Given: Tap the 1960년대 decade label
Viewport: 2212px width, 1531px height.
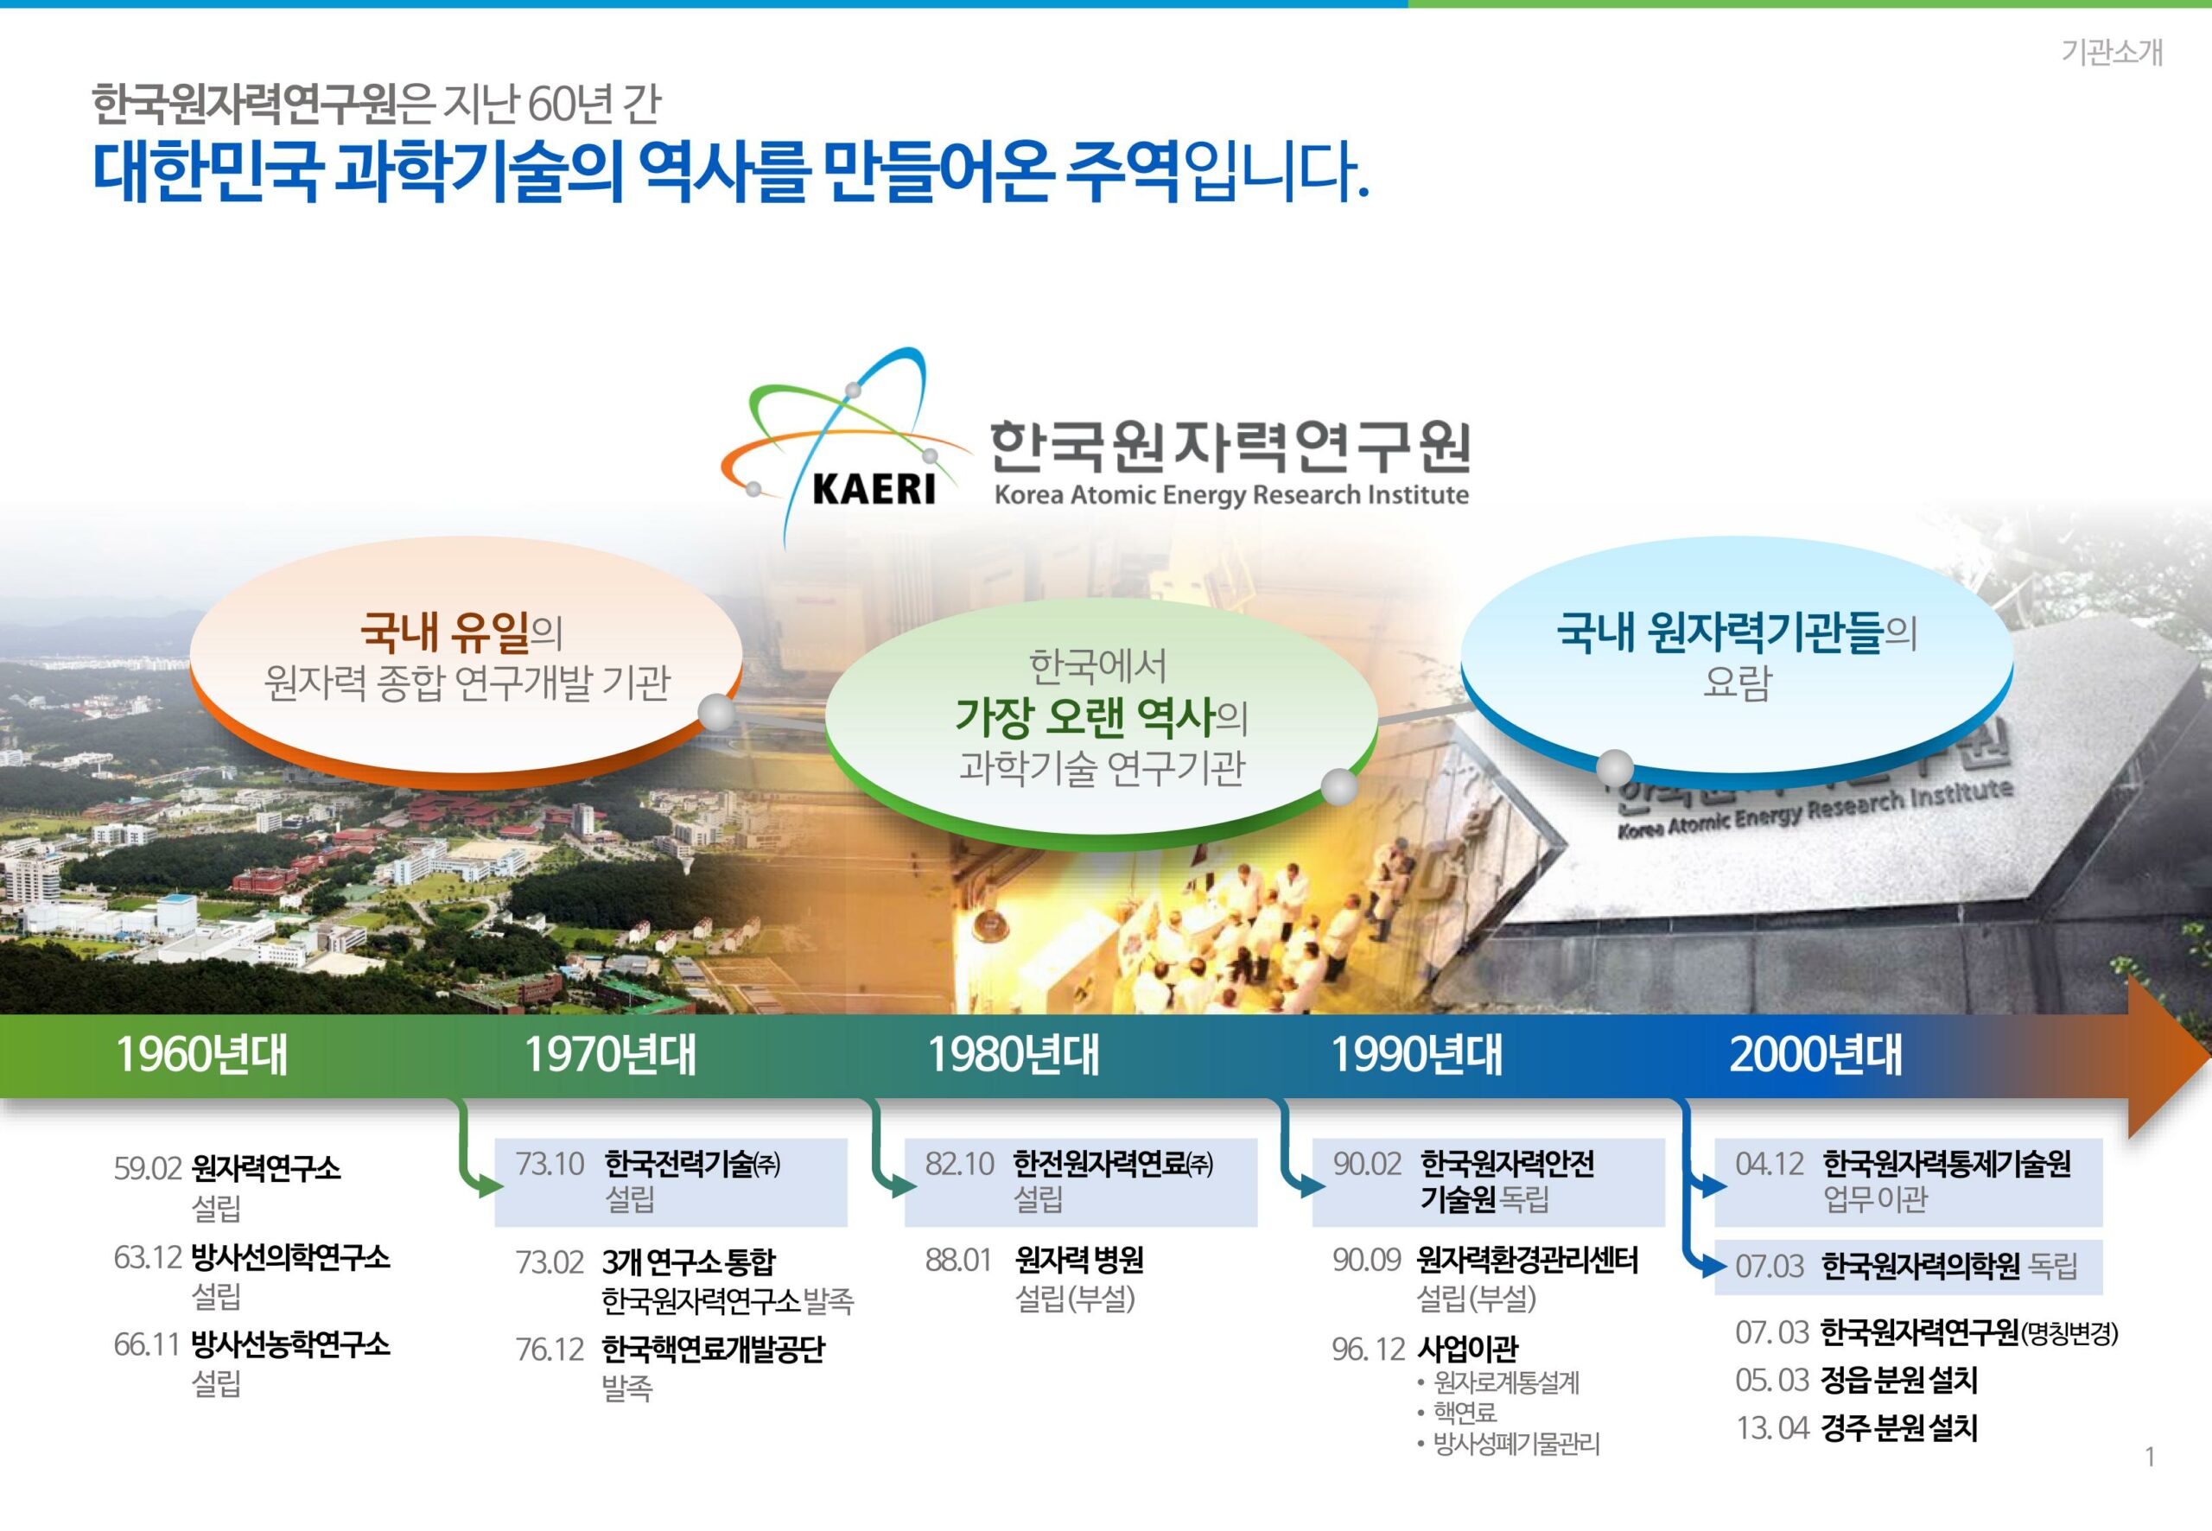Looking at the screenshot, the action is (x=201, y=1054).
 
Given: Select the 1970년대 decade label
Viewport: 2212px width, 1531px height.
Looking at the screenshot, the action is (x=610, y=1054).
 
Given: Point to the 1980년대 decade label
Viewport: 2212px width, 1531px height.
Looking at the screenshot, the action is (x=1013, y=1054).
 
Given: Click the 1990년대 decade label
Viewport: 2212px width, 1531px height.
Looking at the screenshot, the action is (x=1416, y=1054).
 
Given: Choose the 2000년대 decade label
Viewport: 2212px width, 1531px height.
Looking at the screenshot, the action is (x=1816, y=1054).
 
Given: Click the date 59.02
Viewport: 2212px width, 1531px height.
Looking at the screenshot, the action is (x=148, y=1168).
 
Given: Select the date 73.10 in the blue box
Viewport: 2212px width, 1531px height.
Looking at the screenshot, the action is (x=550, y=1164).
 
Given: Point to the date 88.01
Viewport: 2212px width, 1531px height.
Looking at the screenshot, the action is (x=958, y=1261).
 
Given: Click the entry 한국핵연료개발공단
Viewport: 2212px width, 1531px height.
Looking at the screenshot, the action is (x=713, y=1350).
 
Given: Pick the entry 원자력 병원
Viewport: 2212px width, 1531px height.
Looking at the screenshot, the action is (x=1079, y=1261).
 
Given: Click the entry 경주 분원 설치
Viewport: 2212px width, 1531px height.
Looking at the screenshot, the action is (x=1899, y=1428).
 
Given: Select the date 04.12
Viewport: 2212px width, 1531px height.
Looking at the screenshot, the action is (x=1770, y=1164).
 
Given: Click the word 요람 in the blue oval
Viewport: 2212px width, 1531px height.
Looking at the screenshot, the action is (x=1736, y=683).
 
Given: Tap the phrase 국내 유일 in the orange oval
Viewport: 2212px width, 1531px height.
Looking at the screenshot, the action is (x=445, y=632).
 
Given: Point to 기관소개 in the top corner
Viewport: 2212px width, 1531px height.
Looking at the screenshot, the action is (x=2113, y=52).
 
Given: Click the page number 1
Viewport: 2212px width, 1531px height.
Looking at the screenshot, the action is (x=2150, y=1458).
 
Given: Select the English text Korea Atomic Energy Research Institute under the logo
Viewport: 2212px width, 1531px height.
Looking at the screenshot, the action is (x=1231, y=496).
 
